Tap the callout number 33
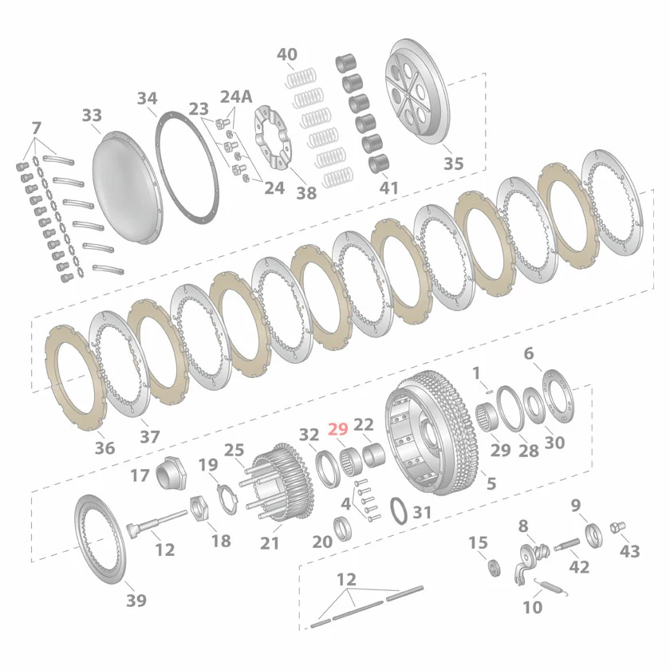(92, 115)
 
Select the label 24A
(235, 97)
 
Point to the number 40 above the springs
(286, 54)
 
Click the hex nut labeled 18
(199, 507)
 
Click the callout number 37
(149, 436)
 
